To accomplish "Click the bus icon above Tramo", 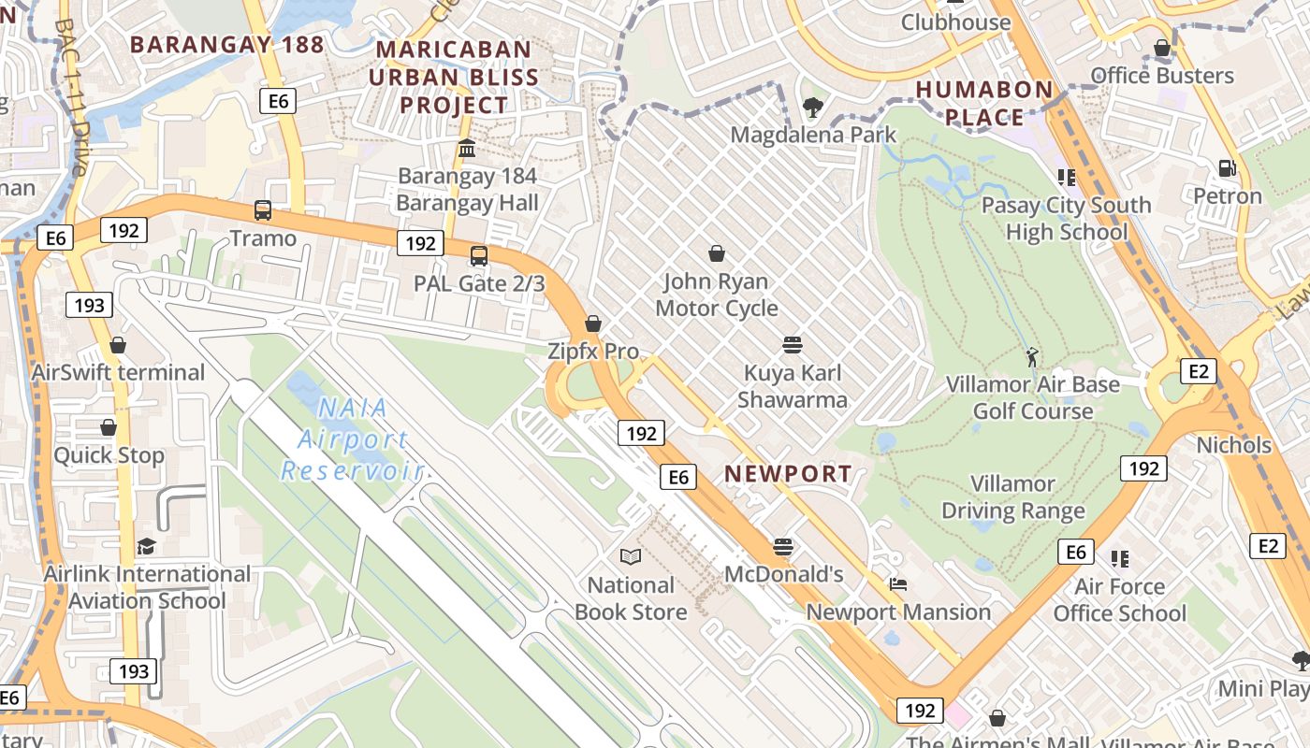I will coord(263,210).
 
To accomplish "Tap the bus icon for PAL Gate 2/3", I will coord(479,255).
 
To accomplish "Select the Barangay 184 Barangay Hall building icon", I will coord(467,148).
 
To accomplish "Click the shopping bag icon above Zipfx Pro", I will coord(593,324).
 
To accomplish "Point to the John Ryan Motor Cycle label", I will coord(717,295).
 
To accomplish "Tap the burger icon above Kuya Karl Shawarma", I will coord(793,345).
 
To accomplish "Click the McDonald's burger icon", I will coord(784,546).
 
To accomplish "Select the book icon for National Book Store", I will coord(632,557).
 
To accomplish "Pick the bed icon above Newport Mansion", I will coord(898,584).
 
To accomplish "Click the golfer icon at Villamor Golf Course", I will coord(1032,356).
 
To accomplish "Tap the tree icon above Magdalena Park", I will coord(813,107).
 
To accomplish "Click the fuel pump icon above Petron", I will coord(1227,168).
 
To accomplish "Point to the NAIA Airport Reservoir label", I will coord(353,439).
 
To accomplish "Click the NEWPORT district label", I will coord(788,474).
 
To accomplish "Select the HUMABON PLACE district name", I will coord(983,103).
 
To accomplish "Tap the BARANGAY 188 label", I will coord(226,44).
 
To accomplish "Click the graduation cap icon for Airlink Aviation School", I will coord(146,546).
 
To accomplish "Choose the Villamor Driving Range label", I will coord(1012,497).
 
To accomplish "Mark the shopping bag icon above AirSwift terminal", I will coord(118,345).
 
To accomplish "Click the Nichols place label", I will coord(1233,445).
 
